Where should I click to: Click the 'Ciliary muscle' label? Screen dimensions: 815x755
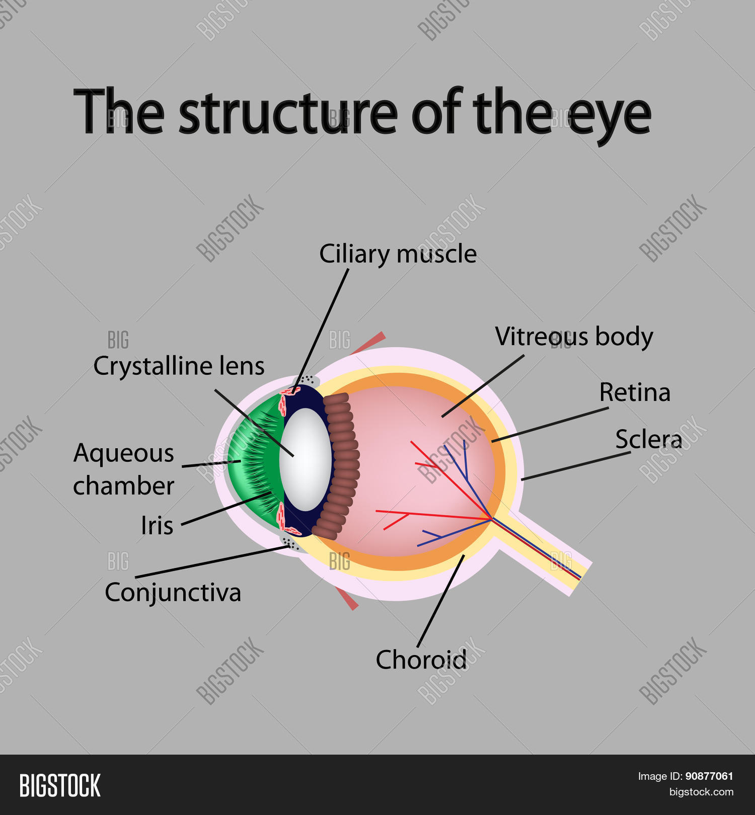click(398, 254)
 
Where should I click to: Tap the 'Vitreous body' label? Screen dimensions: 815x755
click(574, 337)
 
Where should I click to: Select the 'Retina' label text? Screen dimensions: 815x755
click(635, 392)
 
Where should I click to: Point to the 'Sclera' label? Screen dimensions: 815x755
click(648, 439)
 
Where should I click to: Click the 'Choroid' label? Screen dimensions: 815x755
click(421, 660)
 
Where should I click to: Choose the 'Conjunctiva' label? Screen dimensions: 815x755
click(173, 593)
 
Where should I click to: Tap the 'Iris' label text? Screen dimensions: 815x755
click(157, 526)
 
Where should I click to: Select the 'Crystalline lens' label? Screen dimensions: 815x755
click(179, 366)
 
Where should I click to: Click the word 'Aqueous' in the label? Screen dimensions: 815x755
click(124, 453)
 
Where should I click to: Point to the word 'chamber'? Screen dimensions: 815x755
click(124, 486)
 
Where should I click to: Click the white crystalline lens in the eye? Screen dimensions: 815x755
click(306, 459)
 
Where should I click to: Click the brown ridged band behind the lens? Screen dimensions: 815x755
click(342, 465)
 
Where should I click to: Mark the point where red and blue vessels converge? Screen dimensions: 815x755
click(491, 518)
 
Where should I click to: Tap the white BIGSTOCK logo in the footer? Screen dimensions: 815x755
click(60, 785)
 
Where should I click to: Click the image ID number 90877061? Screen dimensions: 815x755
click(709, 776)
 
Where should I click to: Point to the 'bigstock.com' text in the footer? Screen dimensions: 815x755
click(701, 792)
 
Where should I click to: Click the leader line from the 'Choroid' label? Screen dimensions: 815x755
click(440, 601)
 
